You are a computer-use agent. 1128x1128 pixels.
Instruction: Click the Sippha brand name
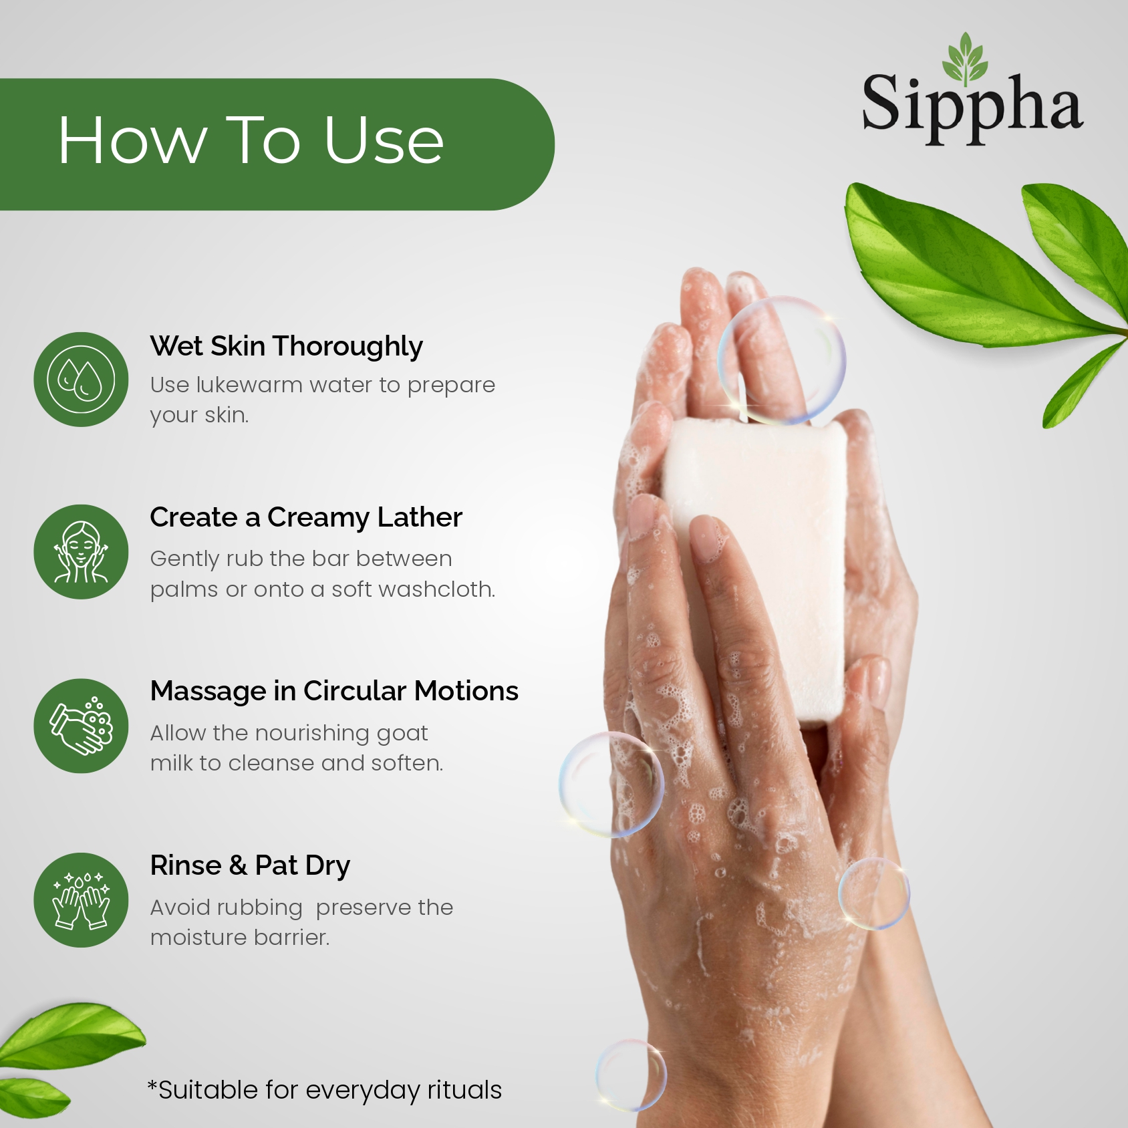coord(972,106)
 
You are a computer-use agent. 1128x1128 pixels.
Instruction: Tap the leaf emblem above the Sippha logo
coord(965,58)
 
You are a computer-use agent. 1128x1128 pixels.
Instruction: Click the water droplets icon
coord(81,380)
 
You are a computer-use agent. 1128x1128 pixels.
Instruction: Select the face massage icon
coord(81,552)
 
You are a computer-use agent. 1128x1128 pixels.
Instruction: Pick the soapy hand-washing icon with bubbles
coord(81,726)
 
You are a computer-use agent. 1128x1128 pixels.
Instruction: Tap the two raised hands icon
coord(81,900)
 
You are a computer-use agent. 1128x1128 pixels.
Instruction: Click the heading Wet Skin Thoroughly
coord(286,347)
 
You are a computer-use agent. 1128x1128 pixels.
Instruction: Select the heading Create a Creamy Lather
coord(306,518)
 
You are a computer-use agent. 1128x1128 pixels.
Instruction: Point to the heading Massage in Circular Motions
coord(334,691)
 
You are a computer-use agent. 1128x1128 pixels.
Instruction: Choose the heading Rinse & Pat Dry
coord(250,866)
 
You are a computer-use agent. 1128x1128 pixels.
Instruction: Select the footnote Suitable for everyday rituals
coord(325,1090)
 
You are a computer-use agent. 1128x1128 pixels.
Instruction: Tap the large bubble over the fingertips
coord(781,360)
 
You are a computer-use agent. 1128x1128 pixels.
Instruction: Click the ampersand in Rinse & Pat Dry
coord(238,865)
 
